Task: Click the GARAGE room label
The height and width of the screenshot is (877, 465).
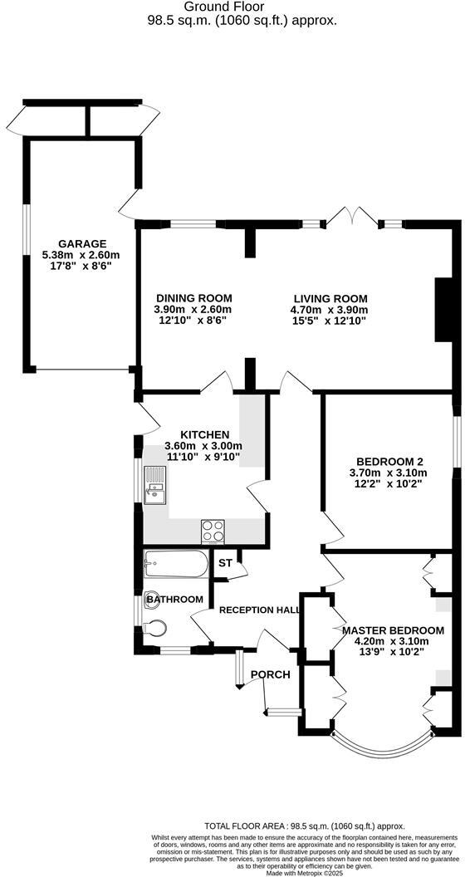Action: [81, 243]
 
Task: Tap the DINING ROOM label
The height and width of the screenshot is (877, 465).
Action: [193, 298]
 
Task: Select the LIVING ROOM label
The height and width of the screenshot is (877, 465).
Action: [330, 298]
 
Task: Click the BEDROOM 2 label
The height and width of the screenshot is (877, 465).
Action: [390, 462]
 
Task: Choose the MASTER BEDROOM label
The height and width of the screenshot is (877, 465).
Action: [393, 630]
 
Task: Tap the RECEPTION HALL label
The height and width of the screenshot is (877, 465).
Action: [259, 610]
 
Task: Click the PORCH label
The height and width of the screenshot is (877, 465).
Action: [270, 674]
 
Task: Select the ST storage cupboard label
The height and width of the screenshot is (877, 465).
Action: [224, 563]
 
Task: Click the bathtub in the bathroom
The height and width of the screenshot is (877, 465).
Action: [175, 566]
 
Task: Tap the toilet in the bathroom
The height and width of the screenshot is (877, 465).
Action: [155, 628]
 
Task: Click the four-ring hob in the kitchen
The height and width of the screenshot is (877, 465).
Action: [212, 530]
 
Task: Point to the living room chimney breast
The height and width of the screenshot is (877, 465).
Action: [443, 310]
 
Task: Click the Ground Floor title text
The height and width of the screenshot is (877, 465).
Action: [236, 7]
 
